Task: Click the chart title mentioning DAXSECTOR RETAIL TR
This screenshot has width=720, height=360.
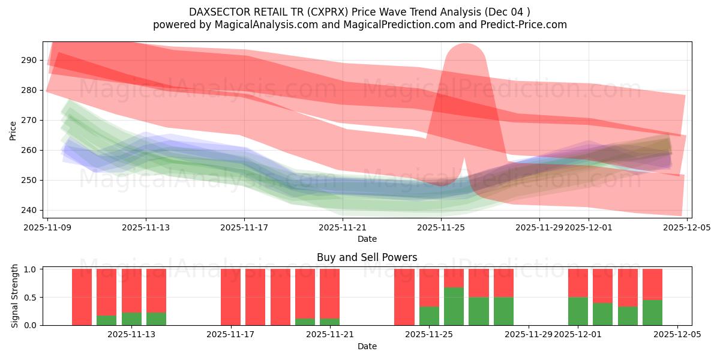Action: point(359,11)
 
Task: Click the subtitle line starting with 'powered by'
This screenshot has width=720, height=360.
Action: point(359,25)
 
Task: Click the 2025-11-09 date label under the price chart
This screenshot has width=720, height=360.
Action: point(47,227)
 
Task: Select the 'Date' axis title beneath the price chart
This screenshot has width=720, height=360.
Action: point(367,239)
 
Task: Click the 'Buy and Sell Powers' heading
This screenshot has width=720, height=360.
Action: point(367,257)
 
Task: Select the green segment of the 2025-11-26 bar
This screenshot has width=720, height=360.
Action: point(454,307)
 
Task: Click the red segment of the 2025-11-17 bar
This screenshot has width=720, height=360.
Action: point(230,297)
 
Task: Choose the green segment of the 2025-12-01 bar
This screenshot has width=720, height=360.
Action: point(578,311)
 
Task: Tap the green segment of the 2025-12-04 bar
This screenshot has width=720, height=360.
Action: point(652,313)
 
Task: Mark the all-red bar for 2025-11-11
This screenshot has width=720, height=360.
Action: point(82,297)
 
